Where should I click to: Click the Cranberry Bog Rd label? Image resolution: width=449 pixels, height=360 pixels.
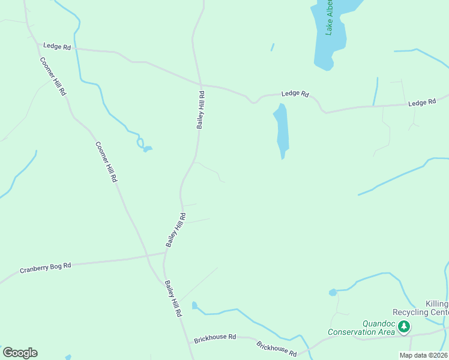click(46, 268)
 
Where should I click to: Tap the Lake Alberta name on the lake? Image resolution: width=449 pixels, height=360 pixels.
click(330, 18)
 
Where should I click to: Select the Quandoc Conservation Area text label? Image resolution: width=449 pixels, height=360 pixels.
click(361, 328)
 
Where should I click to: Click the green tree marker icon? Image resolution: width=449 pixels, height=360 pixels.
click(405, 326)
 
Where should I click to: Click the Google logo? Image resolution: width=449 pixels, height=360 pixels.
click(20, 352)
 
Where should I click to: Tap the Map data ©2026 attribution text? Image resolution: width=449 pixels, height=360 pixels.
click(423, 355)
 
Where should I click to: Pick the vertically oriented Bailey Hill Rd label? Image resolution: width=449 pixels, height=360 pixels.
click(201, 110)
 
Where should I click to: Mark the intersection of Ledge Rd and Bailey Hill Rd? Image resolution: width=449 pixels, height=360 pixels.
click(200, 85)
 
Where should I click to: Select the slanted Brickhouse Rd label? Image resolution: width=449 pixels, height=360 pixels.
click(277, 349)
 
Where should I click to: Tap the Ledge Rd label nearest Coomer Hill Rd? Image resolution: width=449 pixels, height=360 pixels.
click(57, 46)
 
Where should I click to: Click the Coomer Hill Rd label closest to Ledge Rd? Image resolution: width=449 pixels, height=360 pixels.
click(53, 76)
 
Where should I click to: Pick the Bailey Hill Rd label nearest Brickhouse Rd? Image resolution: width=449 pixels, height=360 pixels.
click(173, 299)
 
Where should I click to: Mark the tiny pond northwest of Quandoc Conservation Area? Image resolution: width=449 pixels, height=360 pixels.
click(333, 292)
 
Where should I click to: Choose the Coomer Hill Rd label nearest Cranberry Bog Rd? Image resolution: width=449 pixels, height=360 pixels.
click(106, 162)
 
